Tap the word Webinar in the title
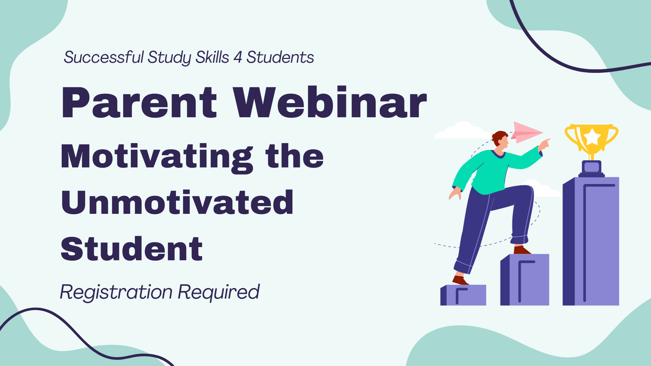point(330,102)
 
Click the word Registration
point(116,292)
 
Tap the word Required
point(219,292)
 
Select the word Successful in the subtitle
point(104,57)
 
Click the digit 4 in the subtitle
point(238,57)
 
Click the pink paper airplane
point(527,132)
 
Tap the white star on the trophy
point(592,137)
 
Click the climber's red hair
point(499,137)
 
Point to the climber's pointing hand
point(544,144)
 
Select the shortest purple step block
point(463,295)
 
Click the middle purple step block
point(525,280)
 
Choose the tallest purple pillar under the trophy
point(591,241)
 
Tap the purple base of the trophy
point(592,169)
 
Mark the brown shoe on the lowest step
point(460,280)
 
